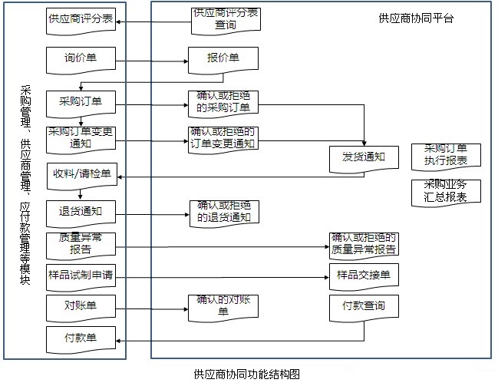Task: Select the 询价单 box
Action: click(x=81, y=58)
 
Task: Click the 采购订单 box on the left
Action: click(x=81, y=102)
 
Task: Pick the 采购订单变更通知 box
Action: click(x=81, y=137)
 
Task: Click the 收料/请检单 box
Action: click(x=81, y=174)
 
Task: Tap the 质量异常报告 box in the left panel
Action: click(x=81, y=244)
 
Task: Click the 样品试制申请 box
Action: click(x=81, y=275)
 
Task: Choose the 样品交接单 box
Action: click(x=364, y=275)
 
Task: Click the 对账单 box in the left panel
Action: click(x=81, y=306)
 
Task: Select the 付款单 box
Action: click(x=81, y=338)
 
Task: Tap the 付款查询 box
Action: click(x=364, y=307)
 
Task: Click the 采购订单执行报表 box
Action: click(x=446, y=155)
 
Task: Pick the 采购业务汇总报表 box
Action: click(x=446, y=191)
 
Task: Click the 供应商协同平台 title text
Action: click(x=417, y=18)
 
